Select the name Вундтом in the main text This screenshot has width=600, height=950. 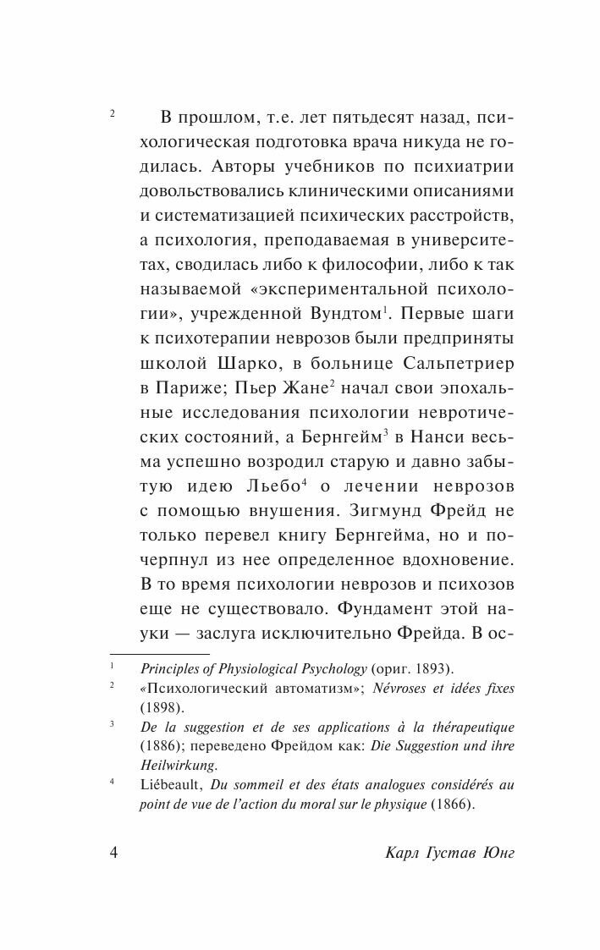pyautogui.click(x=333, y=314)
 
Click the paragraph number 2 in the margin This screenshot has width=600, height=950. pyautogui.click(x=113, y=114)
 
